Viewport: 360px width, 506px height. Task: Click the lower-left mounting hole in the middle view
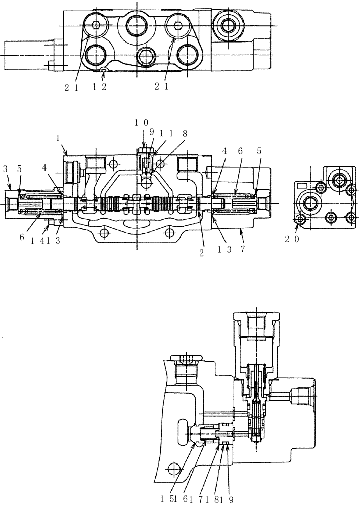tap(105, 233)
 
